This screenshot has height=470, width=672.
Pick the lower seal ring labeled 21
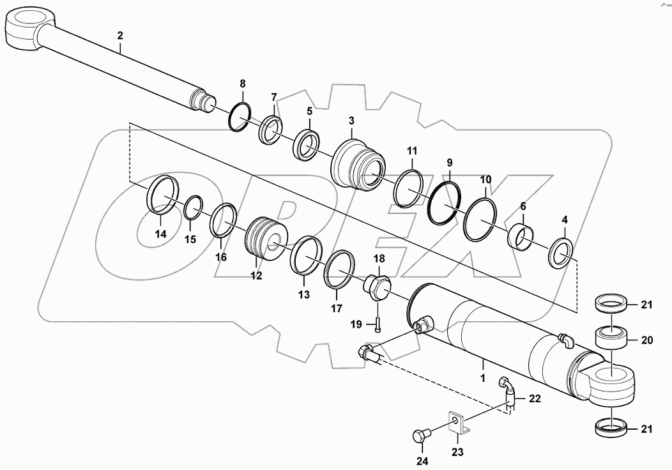pyautogui.click(x=611, y=427)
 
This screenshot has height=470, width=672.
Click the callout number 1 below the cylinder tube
pyautogui.click(x=483, y=379)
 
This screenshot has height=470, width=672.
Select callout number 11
pyautogui.click(x=412, y=151)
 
